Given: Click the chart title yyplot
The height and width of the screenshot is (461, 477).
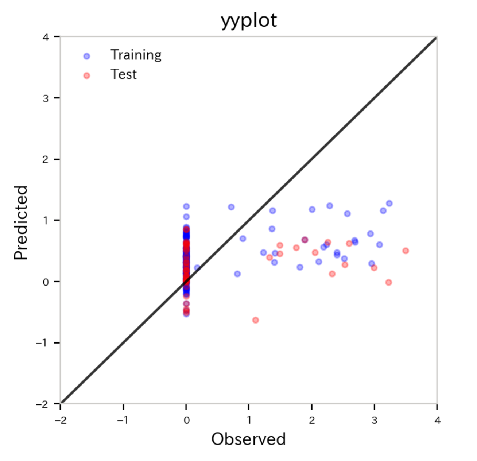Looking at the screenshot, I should click(x=249, y=20).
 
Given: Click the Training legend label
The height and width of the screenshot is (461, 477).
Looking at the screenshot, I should click(x=136, y=55).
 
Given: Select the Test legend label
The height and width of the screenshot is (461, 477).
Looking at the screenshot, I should click(x=124, y=74).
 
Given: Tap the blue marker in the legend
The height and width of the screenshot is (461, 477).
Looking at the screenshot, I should click(x=86, y=56).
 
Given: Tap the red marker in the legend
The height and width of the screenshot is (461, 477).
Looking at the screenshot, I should click(x=86, y=76).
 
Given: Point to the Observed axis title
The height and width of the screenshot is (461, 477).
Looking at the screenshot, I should click(x=248, y=439).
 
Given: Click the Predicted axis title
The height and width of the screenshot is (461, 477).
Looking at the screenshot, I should click(x=21, y=222).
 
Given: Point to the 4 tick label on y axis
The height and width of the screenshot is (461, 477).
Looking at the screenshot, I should click(x=46, y=37).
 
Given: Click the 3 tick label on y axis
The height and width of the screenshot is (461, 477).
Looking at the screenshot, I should click(x=46, y=98).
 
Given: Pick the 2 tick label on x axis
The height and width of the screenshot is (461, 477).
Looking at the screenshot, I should click(x=312, y=420).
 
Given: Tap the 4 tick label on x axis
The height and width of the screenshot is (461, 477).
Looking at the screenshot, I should click(x=437, y=420).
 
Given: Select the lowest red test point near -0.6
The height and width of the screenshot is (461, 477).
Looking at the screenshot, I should click(x=256, y=320).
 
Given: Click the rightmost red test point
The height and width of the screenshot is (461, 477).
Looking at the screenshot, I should click(x=406, y=251).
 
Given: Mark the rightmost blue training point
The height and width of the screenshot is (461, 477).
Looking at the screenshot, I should click(x=389, y=204).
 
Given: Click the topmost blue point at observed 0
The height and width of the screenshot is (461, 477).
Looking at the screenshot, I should click(x=186, y=206).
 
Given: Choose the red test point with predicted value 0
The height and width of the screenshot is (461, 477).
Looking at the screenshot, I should click(x=389, y=283).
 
